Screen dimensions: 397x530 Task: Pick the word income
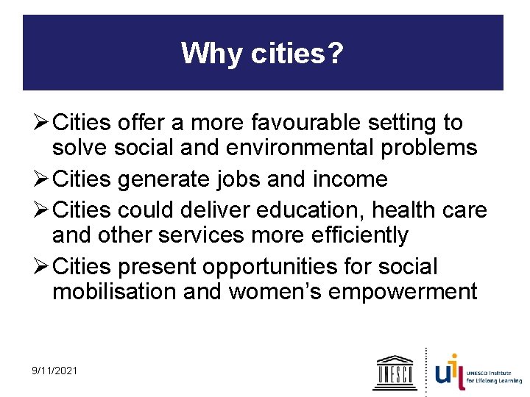click(x=351, y=179)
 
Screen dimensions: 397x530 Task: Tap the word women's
click(x=275, y=292)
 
